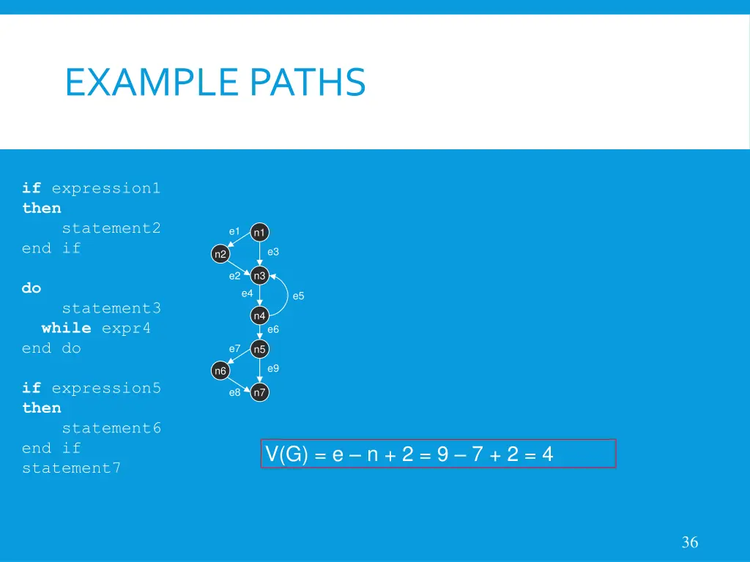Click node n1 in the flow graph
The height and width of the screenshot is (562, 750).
259,233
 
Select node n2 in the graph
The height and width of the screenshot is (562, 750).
220,254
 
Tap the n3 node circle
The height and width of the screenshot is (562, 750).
259,276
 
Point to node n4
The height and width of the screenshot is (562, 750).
259,315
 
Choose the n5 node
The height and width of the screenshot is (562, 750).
259,349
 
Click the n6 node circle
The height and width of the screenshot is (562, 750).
220,371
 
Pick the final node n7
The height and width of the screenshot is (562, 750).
259,393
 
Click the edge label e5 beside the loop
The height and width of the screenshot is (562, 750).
298,296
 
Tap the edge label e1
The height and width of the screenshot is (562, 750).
234,231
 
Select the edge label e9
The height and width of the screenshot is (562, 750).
273,368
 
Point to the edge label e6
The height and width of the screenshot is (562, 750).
273,329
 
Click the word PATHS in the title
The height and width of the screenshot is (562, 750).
307,82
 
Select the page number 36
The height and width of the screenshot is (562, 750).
689,542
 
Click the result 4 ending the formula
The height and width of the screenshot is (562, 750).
547,455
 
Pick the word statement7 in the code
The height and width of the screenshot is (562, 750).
71,468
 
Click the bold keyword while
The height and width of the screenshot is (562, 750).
66,328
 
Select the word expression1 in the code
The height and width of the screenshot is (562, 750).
105,188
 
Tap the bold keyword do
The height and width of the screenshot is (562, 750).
31,288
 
